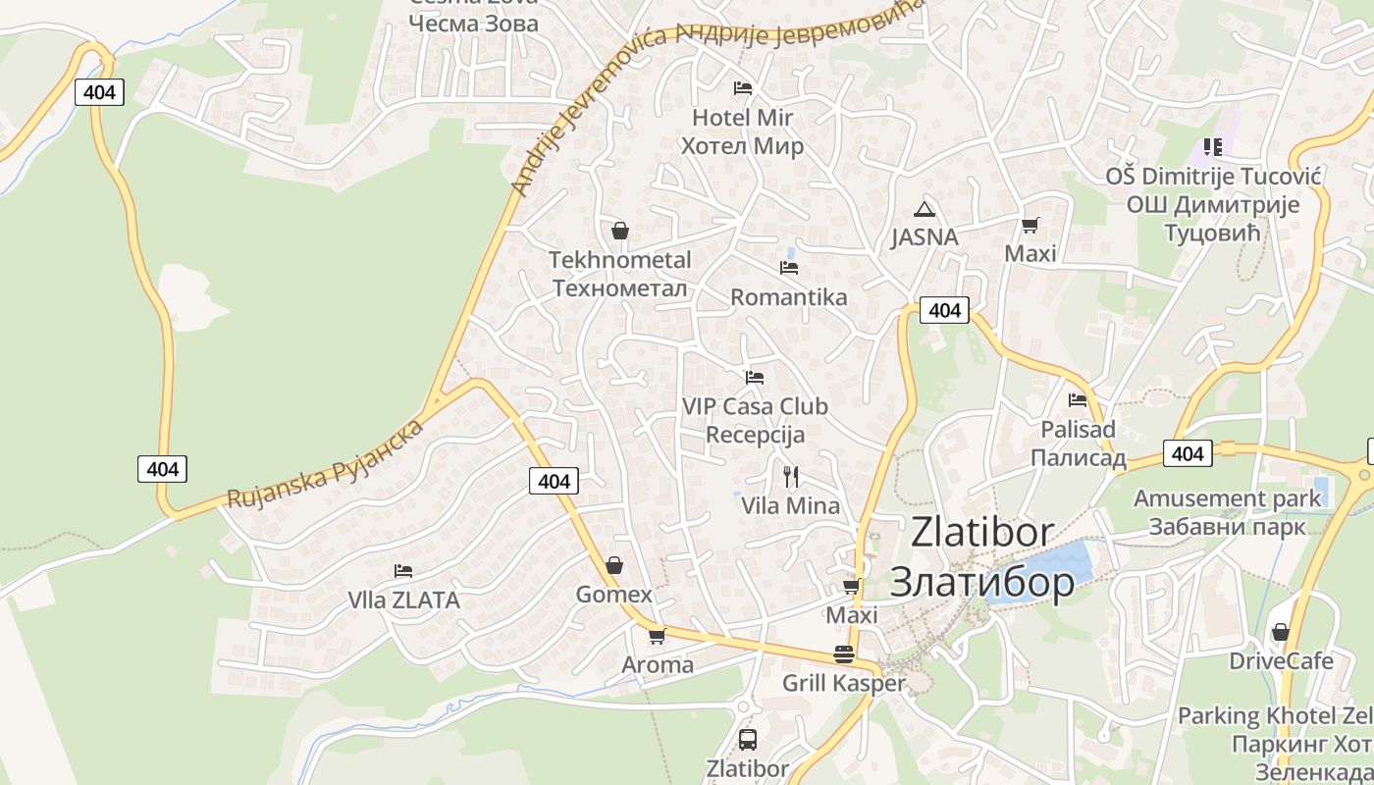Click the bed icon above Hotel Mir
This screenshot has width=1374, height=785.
coord(743,88)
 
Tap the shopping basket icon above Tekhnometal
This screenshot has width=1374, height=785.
coord(619,232)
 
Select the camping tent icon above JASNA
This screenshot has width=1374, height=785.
coord(924,209)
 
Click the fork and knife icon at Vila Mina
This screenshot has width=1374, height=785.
coord(791,477)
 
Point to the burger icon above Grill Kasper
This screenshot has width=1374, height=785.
coord(843,654)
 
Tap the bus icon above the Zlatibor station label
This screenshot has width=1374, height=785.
coord(748,739)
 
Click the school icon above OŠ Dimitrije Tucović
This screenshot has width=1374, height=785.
coord(1213,147)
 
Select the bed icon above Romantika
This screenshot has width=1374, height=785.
coord(788,267)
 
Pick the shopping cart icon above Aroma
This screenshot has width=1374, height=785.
coord(657,636)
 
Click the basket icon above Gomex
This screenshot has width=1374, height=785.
coord(614,565)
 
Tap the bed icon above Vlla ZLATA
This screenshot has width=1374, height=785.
coord(402,571)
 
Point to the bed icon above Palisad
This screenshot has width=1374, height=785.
coord(1078,400)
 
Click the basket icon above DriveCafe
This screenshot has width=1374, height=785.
coord(1280,632)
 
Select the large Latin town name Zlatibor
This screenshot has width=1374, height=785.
coord(982,532)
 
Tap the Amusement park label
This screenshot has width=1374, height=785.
coord(1228,498)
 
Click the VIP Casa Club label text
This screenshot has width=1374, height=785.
coord(755,406)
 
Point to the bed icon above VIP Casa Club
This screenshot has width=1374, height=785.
coord(754,377)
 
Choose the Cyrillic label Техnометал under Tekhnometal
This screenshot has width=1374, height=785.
coord(619,288)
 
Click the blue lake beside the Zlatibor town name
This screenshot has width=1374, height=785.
coord(1045,568)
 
